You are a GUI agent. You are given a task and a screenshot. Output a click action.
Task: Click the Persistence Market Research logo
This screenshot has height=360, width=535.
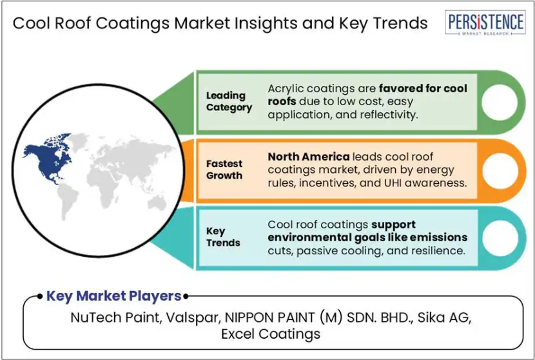pyautogui.click(x=485, y=23)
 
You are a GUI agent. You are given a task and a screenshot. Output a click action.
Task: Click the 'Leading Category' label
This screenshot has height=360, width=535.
pyautogui.click(x=229, y=101)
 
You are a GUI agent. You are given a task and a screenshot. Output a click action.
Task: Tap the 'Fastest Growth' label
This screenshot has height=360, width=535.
pyautogui.click(x=224, y=170)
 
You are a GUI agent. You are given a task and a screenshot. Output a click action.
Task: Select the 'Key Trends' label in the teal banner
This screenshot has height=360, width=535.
pyautogui.click(x=223, y=237)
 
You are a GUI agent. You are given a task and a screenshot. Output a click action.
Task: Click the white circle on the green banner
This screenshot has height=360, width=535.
pyautogui.click(x=500, y=103)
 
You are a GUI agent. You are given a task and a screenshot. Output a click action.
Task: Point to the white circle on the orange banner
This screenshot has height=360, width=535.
pyautogui.click(x=500, y=171)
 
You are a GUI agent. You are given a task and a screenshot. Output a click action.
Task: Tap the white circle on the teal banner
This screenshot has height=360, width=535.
pyautogui.click(x=500, y=239)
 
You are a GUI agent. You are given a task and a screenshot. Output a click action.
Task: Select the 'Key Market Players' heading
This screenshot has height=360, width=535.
pyautogui.click(x=113, y=295)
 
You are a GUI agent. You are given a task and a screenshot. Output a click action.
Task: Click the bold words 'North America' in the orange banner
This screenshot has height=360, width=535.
pyautogui.click(x=309, y=157)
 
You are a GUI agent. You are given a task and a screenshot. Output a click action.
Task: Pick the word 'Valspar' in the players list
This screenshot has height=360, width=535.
pyautogui.click(x=192, y=317)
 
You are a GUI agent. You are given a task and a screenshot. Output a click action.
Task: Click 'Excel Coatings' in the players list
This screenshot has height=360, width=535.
pyautogui.click(x=271, y=334)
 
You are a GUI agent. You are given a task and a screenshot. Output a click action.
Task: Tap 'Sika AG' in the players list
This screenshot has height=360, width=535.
pyautogui.click(x=444, y=317)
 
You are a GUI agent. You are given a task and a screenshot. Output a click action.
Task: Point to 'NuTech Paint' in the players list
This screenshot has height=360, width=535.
pyautogui.click(x=115, y=317)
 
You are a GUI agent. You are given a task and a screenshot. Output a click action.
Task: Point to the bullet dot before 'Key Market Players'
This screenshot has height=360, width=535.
pyautogui.click(x=40, y=296)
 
